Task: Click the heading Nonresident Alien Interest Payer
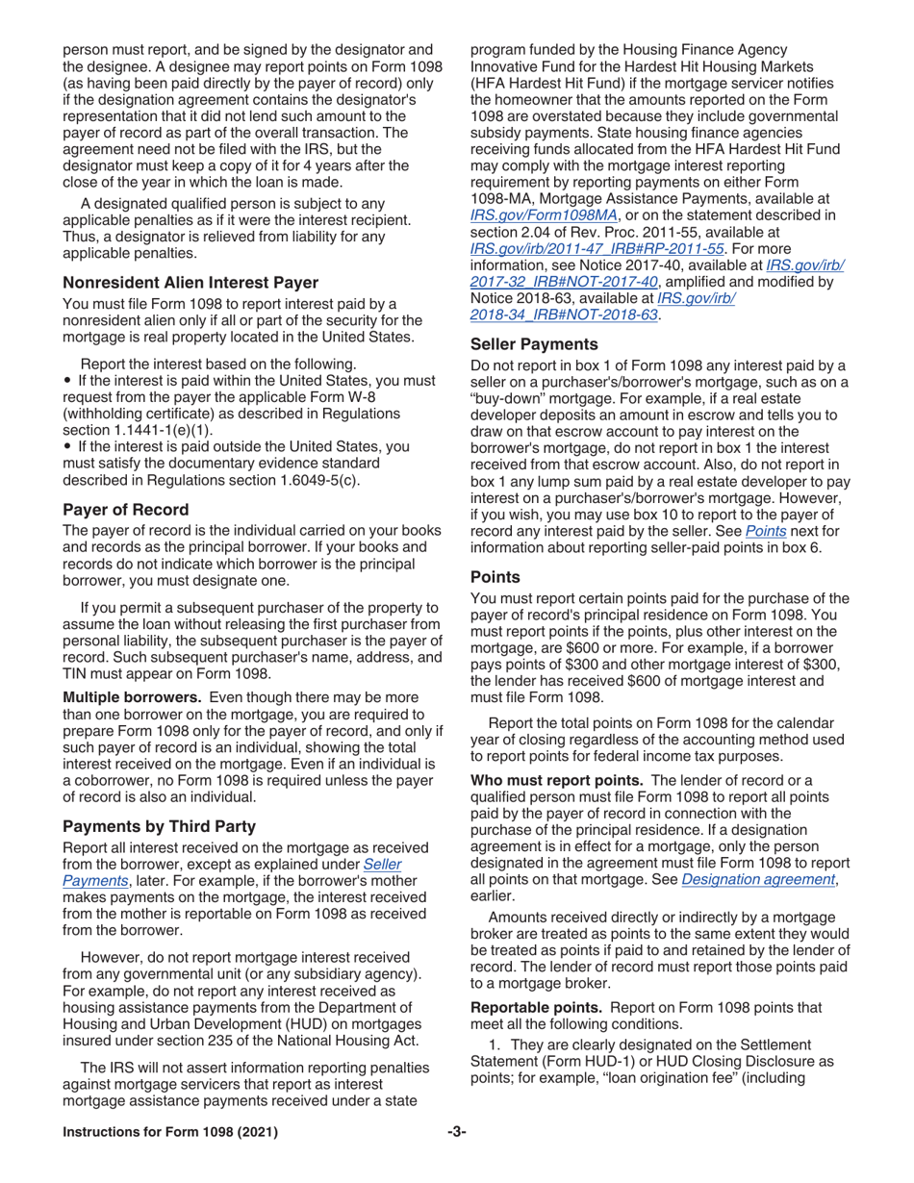[x=190, y=283]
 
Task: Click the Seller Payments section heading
[x=533, y=343]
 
